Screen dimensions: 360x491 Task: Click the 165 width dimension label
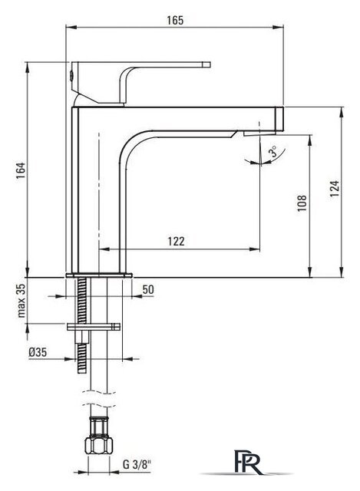175,21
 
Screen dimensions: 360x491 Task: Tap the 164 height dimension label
21,170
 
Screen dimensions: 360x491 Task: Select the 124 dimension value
335,189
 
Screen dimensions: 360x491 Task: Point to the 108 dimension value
302,203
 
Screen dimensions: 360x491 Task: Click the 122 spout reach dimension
176,242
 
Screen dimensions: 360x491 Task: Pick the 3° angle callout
273,151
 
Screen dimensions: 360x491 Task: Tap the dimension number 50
148,290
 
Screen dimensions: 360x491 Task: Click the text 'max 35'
21,301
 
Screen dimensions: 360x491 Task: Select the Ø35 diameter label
38,352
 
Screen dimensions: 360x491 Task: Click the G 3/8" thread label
137,464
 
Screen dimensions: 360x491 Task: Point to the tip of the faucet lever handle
210,64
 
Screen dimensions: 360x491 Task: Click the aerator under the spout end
259,133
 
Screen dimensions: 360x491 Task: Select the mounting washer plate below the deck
94,327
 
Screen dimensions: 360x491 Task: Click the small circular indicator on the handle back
71,75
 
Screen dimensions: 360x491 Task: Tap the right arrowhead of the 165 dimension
278,28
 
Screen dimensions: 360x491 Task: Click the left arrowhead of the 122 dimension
104,249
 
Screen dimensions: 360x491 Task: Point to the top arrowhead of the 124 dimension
341,113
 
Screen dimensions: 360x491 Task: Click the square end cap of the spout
279,119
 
